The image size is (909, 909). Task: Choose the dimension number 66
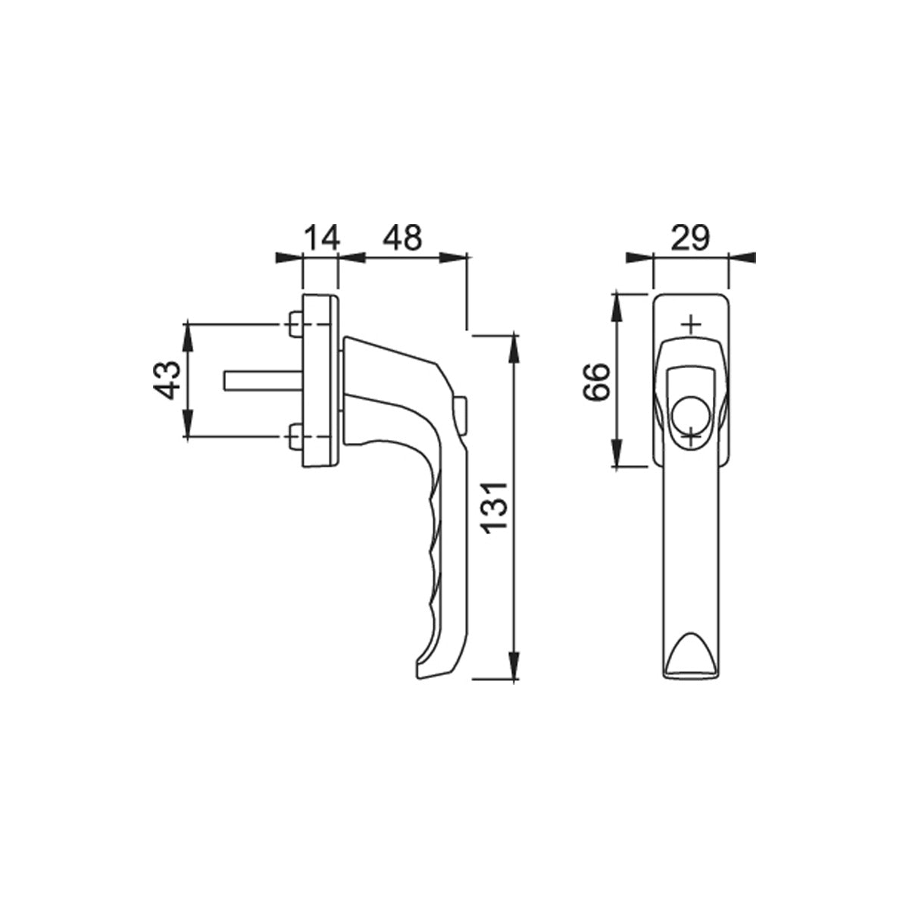(596, 382)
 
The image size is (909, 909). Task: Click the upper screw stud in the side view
(295, 324)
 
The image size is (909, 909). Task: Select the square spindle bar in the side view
(263, 380)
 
